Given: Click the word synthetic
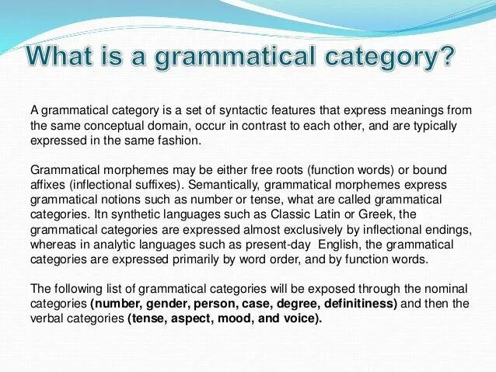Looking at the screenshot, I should tap(131, 214).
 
